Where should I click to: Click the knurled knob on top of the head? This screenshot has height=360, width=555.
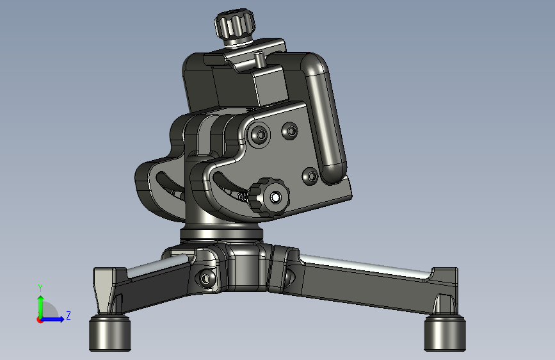[234, 25]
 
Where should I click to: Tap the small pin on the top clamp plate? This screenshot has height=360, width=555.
[259, 59]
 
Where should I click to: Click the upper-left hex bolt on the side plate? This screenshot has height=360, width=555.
[261, 135]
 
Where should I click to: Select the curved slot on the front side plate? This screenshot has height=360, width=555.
[229, 186]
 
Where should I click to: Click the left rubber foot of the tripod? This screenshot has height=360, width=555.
[109, 333]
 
